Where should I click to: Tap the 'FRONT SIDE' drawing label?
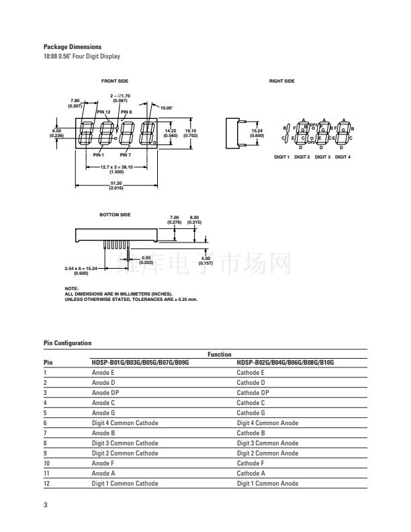(x=114, y=81)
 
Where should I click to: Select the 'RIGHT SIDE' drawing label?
(x=281, y=81)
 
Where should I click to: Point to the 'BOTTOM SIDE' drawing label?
(x=115, y=214)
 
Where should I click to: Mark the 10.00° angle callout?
(x=167, y=107)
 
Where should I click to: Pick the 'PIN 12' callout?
(x=103, y=112)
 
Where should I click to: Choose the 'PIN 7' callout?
(x=126, y=155)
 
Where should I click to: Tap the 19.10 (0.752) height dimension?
(x=191, y=132)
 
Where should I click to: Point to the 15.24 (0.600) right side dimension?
(x=257, y=132)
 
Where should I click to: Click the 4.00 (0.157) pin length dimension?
(x=206, y=261)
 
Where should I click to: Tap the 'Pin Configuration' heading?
(x=67, y=343)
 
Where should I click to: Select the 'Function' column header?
(x=219, y=354)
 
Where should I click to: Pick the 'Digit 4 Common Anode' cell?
(x=267, y=423)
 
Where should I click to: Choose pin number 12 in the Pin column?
(x=46, y=484)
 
